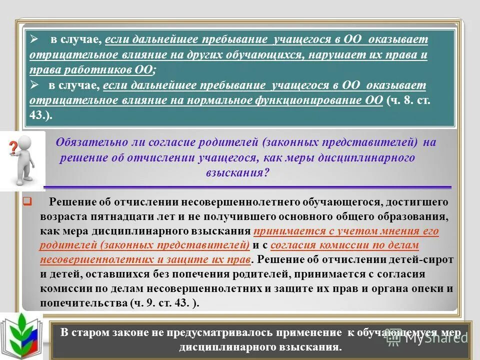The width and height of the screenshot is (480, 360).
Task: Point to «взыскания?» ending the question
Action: [x=237, y=173]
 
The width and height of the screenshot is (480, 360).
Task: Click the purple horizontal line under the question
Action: [x=247, y=187]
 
